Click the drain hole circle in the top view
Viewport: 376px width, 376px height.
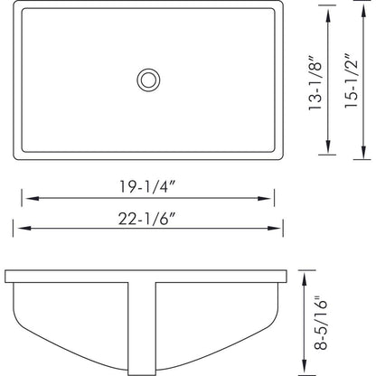pyautogui.click(x=148, y=80)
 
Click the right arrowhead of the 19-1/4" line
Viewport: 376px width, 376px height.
pyautogui.click(x=269, y=195)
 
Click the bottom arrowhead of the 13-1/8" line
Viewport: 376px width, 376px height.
pyautogui.click(x=326, y=151)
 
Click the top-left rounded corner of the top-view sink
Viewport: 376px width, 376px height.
pyautogui.click(x=8, y=6)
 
